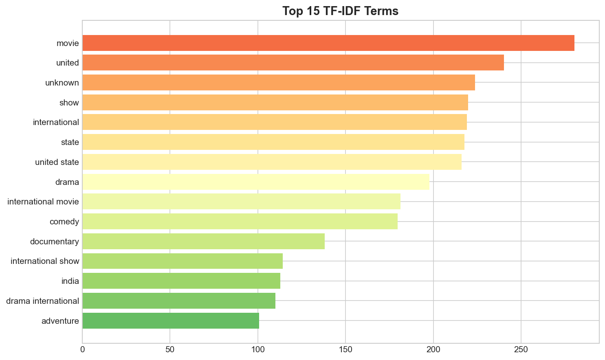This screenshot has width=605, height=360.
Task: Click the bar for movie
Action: point(328,43)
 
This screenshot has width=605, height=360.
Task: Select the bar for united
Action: point(293,63)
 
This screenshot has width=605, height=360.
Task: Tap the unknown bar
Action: point(279,83)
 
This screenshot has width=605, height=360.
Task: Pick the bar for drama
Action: point(256,182)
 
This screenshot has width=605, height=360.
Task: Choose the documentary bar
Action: point(203,241)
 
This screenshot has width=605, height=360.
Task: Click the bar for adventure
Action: point(171,321)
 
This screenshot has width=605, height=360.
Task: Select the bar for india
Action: point(181,281)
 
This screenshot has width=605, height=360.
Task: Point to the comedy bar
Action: point(240,222)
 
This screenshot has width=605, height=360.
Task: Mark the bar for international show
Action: point(183,261)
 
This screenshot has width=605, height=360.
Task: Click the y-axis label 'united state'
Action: point(57,162)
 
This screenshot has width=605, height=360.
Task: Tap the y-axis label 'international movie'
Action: point(43,202)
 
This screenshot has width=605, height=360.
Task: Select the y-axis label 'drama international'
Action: point(43,301)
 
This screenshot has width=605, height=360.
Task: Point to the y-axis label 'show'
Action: point(69,103)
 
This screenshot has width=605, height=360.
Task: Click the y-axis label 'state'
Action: point(70,142)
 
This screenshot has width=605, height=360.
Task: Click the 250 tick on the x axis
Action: point(521,349)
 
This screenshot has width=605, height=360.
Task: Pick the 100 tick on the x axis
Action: point(258,349)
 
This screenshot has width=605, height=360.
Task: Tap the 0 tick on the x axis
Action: point(83,349)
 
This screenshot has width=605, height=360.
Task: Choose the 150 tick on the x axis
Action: point(345,349)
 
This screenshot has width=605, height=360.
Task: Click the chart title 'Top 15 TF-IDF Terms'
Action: point(340,11)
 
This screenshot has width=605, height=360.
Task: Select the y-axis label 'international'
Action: point(56,122)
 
